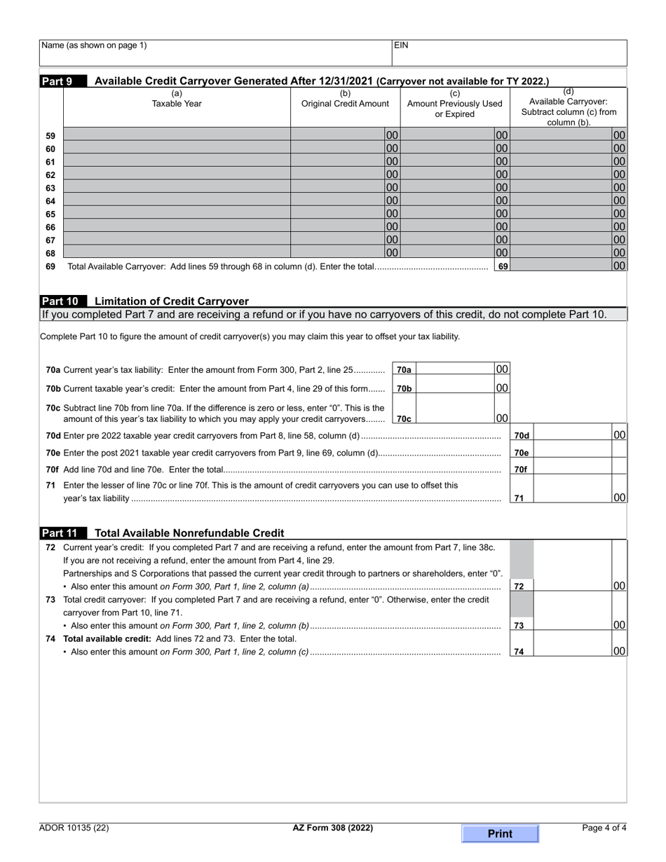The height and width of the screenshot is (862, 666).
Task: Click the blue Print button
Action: point(500,833)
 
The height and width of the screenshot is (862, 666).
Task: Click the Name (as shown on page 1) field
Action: point(215,53)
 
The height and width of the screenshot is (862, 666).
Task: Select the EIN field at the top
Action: point(509,53)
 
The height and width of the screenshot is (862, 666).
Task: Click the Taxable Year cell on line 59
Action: point(177,135)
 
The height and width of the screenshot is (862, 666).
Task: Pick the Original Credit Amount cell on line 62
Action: point(338,175)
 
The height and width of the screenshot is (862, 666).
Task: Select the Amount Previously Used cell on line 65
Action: point(447,214)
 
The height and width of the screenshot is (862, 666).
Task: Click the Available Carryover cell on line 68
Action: point(562,253)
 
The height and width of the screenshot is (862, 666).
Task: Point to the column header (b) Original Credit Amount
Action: point(345,99)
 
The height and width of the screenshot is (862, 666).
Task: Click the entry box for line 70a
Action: point(456,369)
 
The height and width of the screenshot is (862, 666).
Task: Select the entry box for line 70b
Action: point(456,388)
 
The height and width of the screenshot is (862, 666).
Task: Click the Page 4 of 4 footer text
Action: point(604,828)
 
